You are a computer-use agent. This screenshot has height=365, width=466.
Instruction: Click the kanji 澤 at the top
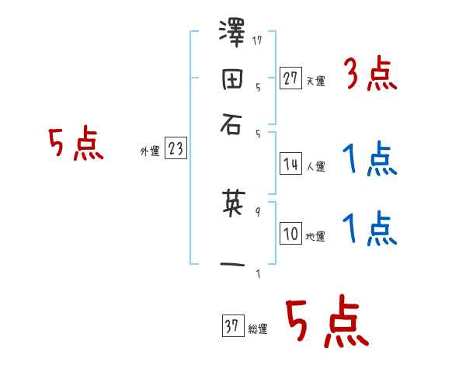[234, 34]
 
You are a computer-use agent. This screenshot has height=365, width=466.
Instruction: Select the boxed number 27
[291, 78]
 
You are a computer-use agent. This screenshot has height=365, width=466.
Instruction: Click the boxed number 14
[291, 164]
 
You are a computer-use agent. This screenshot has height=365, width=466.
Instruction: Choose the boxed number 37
[232, 326]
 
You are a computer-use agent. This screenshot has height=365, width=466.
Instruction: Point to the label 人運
[316, 166]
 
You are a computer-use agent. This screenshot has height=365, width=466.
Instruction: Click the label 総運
[258, 328]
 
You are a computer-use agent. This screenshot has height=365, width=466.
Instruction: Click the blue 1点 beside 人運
[369, 160]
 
